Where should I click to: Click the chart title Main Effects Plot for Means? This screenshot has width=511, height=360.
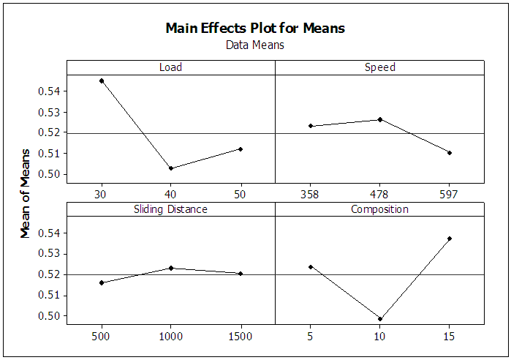255,29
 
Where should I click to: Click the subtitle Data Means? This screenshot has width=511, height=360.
255,45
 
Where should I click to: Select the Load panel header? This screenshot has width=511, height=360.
170,67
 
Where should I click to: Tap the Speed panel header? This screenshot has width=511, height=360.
379,67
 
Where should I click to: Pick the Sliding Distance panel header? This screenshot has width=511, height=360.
170,209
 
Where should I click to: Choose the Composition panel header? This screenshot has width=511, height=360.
379,209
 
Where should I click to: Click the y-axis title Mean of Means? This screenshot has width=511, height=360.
26,192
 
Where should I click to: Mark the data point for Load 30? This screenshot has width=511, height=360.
102,80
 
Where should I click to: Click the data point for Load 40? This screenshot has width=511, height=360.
171,168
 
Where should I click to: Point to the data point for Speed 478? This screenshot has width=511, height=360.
380,119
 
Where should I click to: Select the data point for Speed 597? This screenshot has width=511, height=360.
450,153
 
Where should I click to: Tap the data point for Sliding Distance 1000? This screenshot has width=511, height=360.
171,268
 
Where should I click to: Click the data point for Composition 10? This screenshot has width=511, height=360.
380,319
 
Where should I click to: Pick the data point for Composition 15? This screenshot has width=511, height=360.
450,239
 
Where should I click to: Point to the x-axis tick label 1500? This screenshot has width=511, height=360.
240,336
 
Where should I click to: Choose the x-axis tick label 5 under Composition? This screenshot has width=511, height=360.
310,336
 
